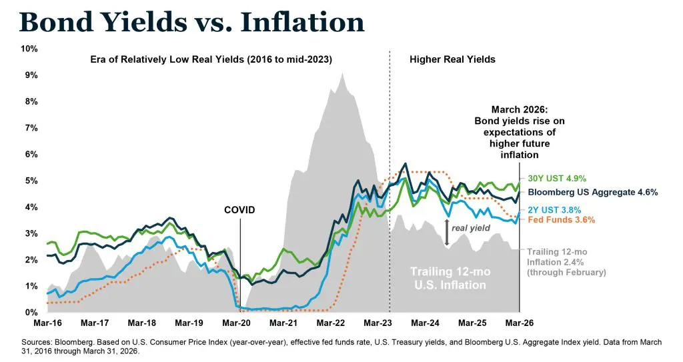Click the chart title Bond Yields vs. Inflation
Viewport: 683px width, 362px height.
(x=192, y=22)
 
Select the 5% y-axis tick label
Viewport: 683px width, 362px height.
(x=30, y=181)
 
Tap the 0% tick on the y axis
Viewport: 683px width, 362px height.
(x=30, y=313)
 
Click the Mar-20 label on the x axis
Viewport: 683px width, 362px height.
(x=236, y=323)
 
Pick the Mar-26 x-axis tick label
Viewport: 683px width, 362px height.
(x=520, y=323)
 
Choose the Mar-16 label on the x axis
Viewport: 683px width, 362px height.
(x=47, y=323)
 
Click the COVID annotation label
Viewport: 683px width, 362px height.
(x=239, y=211)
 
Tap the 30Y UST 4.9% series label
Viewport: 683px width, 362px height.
(x=548, y=179)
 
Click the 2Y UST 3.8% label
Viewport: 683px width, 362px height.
(x=550, y=210)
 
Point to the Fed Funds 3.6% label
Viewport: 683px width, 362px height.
(x=556, y=219)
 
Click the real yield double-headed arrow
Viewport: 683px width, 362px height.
(x=447, y=233)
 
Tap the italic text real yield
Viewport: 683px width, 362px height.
(x=466, y=228)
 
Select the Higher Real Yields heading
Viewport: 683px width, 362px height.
(x=452, y=59)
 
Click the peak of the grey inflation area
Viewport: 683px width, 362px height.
(x=342, y=73)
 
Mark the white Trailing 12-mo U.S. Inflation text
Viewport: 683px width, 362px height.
(x=448, y=278)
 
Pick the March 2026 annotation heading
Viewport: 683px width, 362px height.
(x=518, y=109)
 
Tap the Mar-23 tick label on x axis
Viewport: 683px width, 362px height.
(x=378, y=323)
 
